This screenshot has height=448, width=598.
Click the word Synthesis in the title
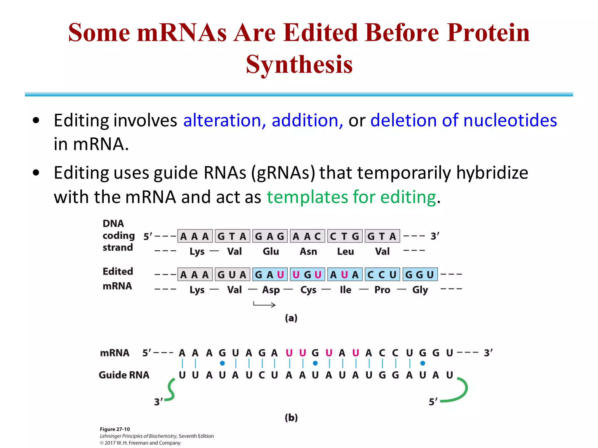(x=299, y=65)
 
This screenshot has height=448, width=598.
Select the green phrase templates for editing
(x=351, y=197)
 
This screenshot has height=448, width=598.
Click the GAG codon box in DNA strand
(x=270, y=236)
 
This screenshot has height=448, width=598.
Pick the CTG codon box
(x=345, y=236)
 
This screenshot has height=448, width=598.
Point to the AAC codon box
(x=307, y=236)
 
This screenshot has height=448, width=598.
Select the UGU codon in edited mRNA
(x=307, y=274)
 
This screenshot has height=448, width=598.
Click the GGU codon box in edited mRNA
(x=420, y=274)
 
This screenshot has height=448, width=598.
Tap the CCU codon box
(x=382, y=274)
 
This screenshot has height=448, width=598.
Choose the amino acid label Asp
(x=271, y=290)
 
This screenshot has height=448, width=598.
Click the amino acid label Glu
(x=271, y=251)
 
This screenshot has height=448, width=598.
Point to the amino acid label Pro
(x=382, y=290)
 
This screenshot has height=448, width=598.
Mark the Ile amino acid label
(x=345, y=290)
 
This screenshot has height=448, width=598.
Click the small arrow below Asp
(x=264, y=305)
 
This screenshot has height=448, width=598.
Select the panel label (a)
(x=291, y=318)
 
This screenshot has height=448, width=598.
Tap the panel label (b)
(x=291, y=418)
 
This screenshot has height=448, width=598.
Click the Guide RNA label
(x=124, y=375)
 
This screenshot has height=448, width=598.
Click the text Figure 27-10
(x=115, y=429)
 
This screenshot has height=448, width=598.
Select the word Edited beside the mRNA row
(x=118, y=272)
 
